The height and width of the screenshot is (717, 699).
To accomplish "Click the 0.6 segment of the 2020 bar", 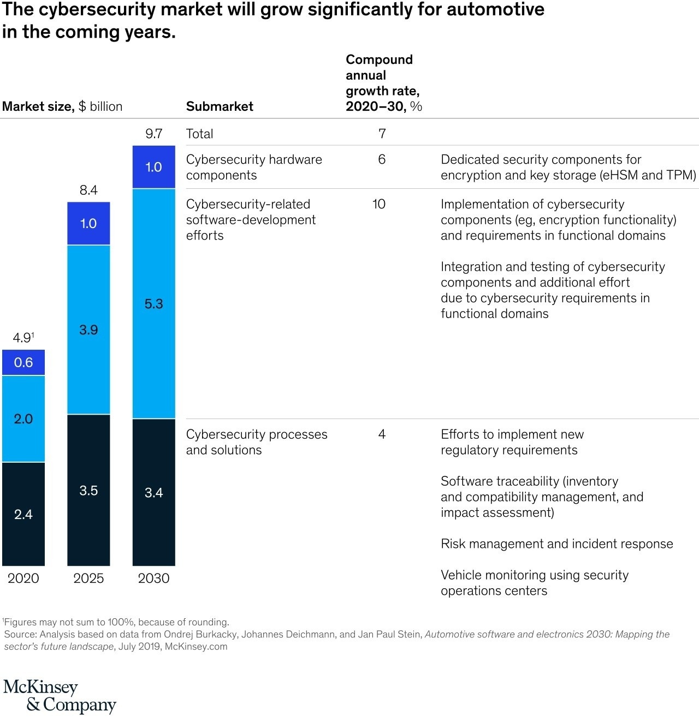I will pyautogui.click(x=23, y=362).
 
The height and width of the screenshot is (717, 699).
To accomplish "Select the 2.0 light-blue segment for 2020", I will pyautogui.click(x=23, y=419).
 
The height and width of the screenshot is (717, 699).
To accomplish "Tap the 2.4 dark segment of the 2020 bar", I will pyautogui.click(x=23, y=514).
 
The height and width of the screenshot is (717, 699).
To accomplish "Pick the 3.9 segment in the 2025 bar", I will pyautogui.click(x=88, y=330).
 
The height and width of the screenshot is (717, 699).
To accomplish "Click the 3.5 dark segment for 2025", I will pyautogui.click(x=88, y=490).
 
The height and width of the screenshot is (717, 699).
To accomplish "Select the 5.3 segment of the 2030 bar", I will pyautogui.click(x=154, y=304).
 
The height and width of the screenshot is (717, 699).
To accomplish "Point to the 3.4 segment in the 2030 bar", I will pyautogui.click(x=154, y=493).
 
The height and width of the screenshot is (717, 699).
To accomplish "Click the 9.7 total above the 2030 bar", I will pyautogui.click(x=154, y=134).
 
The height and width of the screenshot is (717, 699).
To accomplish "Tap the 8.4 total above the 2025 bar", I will pyautogui.click(x=88, y=190).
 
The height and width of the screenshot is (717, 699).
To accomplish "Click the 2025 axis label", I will pyautogui.click(x=88, y=578).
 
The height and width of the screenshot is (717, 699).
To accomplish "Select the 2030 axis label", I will pyautogui.click(x=154, y=578).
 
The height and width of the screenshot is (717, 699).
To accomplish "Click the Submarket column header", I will pyautogui.click(x=220, y=106).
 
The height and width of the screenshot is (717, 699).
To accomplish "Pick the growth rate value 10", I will pyautogui.click(x=379, y=204).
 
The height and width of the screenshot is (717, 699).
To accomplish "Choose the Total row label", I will pyautogui.click(x=200, y=134).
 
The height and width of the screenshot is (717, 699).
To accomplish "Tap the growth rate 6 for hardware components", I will pyautogui.click(x=382, y=159).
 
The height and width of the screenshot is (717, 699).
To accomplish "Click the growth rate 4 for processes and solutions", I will pyautogui.click(x=382, y=434).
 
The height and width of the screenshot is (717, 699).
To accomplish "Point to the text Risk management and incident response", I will pyautogui.click(x=556, y=544).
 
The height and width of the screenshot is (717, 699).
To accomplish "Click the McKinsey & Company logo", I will pyautogui.click(x=60, y=696).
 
